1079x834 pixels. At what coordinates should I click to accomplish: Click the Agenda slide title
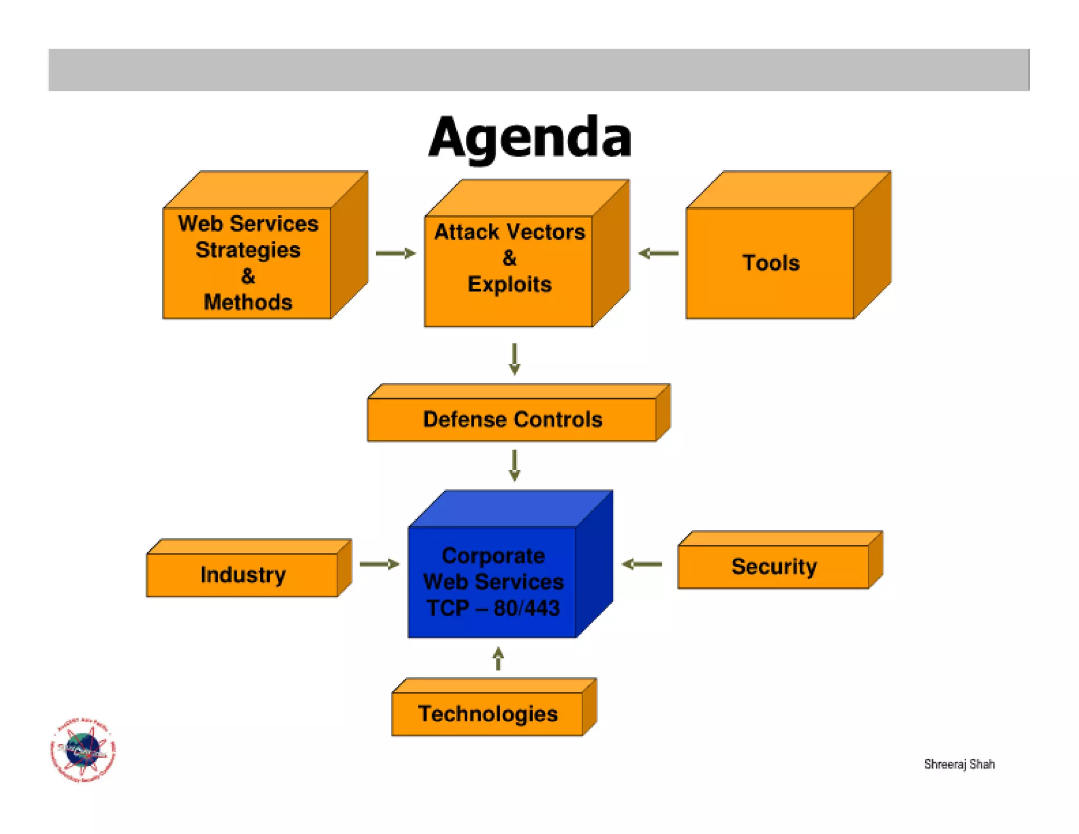coord(530,137)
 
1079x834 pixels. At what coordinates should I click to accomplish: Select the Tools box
coord(770,263)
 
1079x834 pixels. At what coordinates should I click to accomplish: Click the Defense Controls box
coord(512,419)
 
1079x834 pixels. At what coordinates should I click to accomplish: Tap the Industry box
coord(243,574)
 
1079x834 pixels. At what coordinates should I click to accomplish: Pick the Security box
coord(773,566)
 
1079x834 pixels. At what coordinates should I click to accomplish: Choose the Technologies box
coord(488,713)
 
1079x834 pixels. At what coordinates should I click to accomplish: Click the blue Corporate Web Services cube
coord(493,581)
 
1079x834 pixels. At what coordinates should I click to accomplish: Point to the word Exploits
coord(509,284)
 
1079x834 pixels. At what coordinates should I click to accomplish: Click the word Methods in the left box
coord(248,302)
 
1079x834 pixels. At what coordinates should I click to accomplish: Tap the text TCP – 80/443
coord(493,608)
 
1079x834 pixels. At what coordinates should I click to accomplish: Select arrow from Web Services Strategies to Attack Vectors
coord(396,254)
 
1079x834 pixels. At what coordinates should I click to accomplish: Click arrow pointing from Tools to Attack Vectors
coord(658,254)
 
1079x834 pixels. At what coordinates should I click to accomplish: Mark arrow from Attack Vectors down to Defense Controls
coord(515,359)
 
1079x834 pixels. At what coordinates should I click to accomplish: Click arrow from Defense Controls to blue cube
coord(515,465)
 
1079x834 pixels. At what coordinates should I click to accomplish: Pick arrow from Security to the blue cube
coord(642,564)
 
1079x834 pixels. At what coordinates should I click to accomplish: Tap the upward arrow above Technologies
coord(498,658)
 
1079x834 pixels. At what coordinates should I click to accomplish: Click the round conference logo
coord(83,750)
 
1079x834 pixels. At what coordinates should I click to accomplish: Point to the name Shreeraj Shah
coord(959,764)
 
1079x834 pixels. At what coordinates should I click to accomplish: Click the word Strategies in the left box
coord(248,250)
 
